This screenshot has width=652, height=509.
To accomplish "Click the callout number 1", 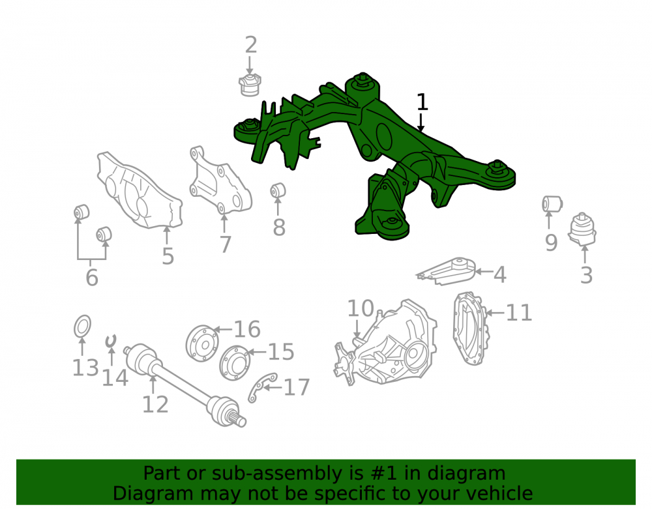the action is click(422, 102).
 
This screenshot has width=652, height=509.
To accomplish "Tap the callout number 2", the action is click(251, 45).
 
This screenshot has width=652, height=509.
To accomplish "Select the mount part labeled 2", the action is click(250, 85).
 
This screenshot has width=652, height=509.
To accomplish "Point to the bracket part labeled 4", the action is click(447, 271).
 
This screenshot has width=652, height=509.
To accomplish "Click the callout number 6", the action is click(92, 277).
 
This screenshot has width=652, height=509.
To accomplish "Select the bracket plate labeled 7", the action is click(220, 181).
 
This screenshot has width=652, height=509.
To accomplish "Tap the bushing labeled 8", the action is click(278, 191).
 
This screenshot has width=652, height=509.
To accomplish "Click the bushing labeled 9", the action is click(552, 203).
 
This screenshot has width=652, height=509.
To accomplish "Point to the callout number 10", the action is click(361, 308).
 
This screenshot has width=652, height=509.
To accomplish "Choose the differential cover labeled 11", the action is click(471, 328).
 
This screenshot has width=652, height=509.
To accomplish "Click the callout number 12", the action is click(155, 404).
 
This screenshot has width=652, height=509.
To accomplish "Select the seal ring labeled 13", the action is click(82, 326).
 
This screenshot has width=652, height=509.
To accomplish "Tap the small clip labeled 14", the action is click(111, 341).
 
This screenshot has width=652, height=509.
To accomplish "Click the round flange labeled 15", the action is click(235, 363).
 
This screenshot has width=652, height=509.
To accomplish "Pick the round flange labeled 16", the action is click(202, 343).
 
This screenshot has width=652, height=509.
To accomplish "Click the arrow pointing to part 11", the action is click(494, 312).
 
